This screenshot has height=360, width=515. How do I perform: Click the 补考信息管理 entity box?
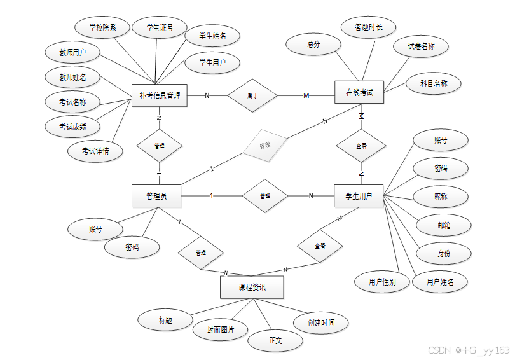[159, 96]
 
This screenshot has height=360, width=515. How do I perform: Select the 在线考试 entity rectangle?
[360, 93]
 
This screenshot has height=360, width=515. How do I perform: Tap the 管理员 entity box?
[156, 196]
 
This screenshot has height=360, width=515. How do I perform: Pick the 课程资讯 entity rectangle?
[252, 287]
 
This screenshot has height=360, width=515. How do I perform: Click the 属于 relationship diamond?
[252, 95]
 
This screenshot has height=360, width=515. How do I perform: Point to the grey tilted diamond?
[264, 146]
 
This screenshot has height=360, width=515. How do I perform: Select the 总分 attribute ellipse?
[313, 45]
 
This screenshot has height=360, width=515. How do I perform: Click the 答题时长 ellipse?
[368, 27]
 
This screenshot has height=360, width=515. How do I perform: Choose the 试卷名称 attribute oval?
[421, 46]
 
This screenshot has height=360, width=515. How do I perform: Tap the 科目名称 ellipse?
[434, 83]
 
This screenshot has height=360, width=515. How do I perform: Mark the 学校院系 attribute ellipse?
[102, 28]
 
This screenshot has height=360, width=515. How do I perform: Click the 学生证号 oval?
[159, 28]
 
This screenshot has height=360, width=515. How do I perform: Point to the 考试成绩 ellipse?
[72, 127]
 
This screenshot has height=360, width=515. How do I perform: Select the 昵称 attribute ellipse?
[441, 197]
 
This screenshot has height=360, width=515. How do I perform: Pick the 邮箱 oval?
[444, 225]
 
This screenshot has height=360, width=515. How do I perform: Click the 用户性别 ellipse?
[382, 282]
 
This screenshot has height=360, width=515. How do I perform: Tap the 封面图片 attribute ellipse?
[220, 329]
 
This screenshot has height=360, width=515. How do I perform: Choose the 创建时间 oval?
[321, 322]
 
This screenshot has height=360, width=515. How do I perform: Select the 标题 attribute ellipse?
[166, 320]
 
